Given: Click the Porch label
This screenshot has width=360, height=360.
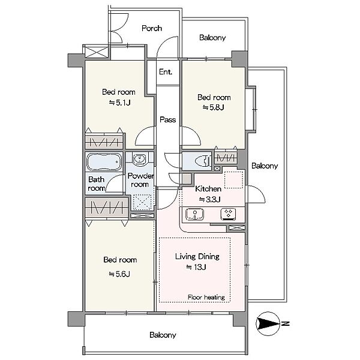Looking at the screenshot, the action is pos(152,28).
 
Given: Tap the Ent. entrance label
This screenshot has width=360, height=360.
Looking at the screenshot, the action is pos(166,72).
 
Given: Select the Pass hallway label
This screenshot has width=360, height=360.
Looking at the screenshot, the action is pos(168,119).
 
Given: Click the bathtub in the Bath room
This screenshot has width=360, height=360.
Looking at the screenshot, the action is pos(104,161).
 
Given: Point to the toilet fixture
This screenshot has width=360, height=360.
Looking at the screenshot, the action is pos(203,160).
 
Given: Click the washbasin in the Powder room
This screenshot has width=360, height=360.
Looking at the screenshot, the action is pos(139,158).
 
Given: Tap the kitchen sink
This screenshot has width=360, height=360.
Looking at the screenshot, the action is pos(194,214).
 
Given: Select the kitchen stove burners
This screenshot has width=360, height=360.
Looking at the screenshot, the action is pos(228,214).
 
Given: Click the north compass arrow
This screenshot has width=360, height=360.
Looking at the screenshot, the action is pos(268,323).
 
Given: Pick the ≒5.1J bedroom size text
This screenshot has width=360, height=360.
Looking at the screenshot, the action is pos(119,103).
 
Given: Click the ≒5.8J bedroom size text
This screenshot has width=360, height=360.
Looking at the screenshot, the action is pos(213,107).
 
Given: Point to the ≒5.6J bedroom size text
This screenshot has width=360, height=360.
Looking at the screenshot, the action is pos(119,274).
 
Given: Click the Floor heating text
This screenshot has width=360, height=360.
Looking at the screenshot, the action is pos(206,298).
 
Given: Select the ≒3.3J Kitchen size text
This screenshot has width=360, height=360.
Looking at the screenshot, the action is pos(209,199).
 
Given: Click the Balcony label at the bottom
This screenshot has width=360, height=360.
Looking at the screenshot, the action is pos(163,335).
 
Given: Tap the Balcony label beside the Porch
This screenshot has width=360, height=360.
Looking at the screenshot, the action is pos(212,37).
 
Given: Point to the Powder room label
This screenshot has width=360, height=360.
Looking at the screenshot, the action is pos(140,180).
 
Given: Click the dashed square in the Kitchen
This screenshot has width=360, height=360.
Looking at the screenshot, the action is pos(233,180).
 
